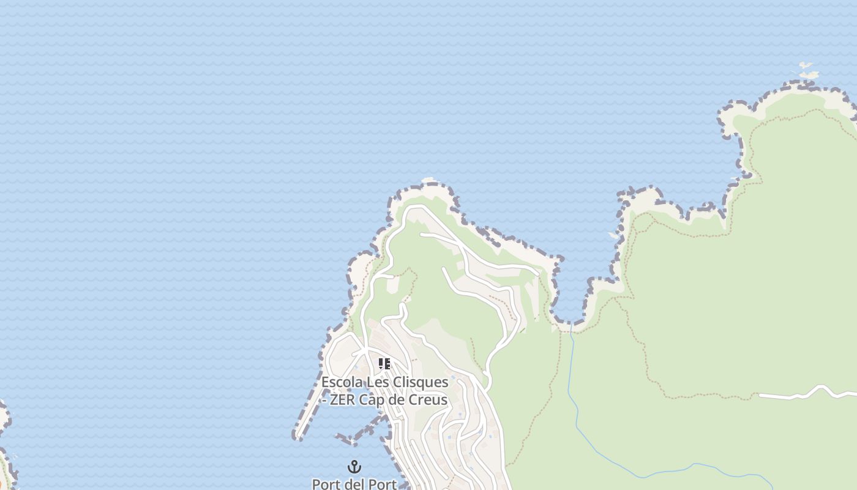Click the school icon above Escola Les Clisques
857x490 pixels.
tap(384, 364)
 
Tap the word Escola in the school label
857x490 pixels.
tap(342, 382)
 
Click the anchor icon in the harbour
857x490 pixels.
tap(354, 467)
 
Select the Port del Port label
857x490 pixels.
tap(354, 484)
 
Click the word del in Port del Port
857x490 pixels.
tap(354, 484)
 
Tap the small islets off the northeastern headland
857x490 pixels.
tap(807, 70)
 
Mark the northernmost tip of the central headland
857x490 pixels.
tap(428, 181)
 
